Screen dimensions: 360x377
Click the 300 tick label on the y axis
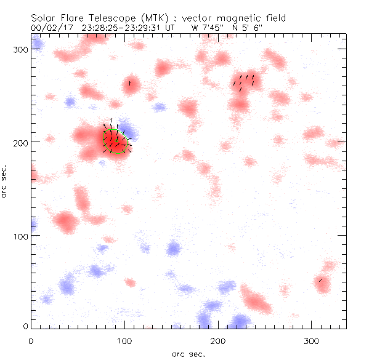22,49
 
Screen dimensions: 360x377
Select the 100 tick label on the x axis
125,340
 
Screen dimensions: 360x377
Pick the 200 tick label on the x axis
219,340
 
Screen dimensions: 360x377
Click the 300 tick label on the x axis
313,340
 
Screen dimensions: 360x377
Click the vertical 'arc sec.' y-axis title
6,181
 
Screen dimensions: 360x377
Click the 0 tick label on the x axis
31,340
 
